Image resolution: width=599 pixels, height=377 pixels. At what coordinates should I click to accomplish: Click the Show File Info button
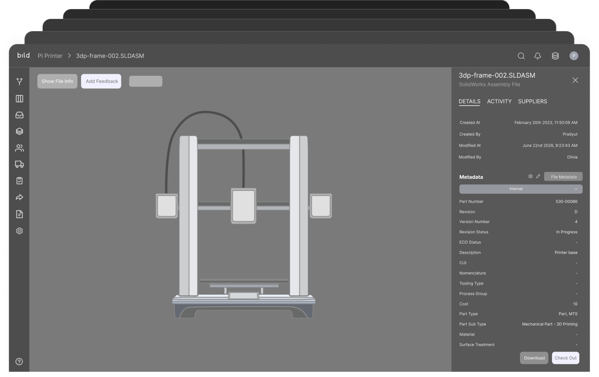click(x=57, y=81)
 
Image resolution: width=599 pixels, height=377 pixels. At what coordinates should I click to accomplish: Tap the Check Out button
click(x=565, y=358)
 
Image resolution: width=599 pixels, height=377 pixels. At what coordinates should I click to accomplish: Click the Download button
click(x=534, y=358)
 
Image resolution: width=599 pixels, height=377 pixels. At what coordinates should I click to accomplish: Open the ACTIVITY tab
click(x=499, y=102)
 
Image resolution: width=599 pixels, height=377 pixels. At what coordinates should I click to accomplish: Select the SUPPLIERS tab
click(x=533, y=102)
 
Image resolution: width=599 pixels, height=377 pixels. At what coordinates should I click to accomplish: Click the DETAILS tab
click(x=470, y=102)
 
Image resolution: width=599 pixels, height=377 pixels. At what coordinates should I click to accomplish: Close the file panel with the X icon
click(x=575, y=80)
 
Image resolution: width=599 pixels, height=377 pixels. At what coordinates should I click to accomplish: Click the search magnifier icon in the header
click(x=521, y=56)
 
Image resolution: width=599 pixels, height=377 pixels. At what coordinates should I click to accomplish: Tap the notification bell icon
click(x=538, y=56)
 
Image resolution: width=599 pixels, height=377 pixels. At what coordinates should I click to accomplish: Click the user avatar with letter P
click(x=574, y=56)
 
